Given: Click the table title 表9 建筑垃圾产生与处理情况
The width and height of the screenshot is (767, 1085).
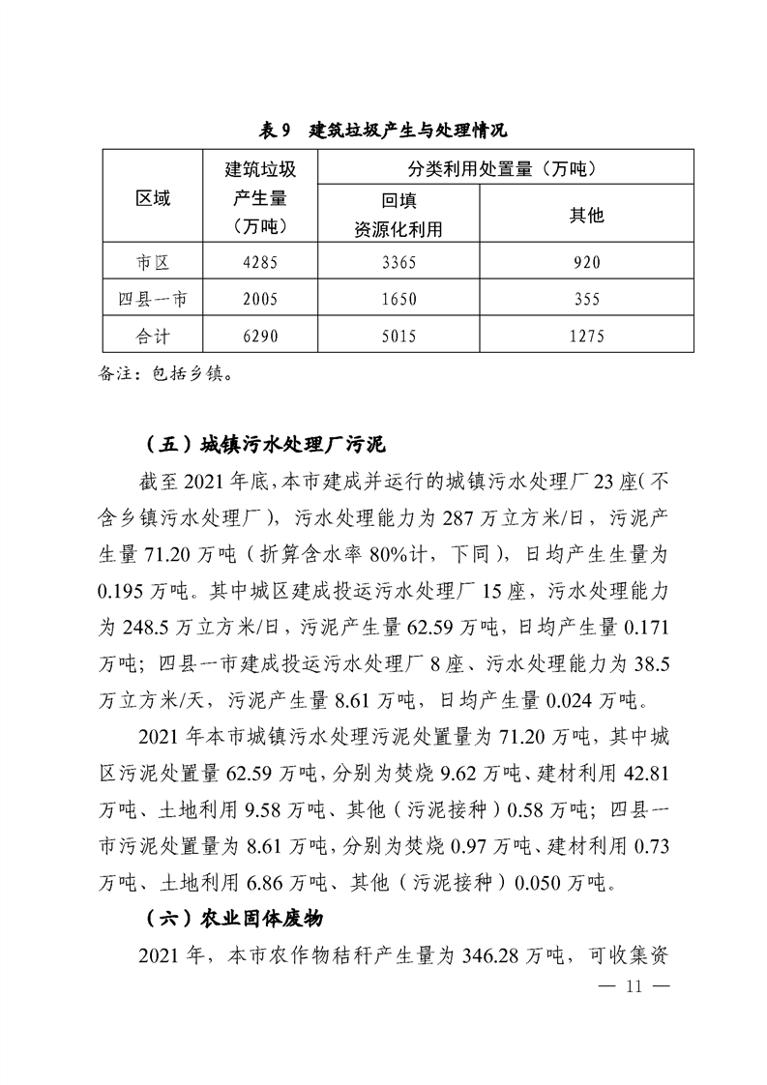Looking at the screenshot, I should click(x=384, y=130).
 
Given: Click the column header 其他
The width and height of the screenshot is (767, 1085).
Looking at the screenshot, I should click(x=586, y=215).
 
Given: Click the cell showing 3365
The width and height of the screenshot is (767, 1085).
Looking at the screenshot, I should click(x=398, y=262).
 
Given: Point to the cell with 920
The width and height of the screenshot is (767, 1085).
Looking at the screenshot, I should click(x=586, y=262).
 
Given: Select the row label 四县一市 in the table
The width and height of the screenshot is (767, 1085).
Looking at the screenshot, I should click(x=152, y=299).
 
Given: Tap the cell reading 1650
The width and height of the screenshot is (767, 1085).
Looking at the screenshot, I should click(x=398, y=299).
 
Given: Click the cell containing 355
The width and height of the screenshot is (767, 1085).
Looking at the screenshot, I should click(x=586, y=299).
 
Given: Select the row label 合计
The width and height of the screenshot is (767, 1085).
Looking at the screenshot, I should click(x=152, y=336).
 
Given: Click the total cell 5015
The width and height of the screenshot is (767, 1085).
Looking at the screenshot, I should click(x=398, y=336).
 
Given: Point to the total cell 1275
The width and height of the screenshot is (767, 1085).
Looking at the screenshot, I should click(x=586, y=336).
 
